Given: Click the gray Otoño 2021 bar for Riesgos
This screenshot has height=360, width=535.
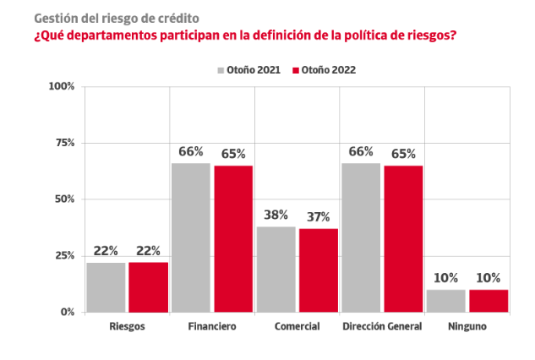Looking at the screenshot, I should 106,287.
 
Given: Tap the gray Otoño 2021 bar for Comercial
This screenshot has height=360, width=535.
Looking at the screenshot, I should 276,269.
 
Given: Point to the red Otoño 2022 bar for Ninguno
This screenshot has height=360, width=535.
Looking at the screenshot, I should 489,301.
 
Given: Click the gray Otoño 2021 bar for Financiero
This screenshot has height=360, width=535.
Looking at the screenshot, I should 191,237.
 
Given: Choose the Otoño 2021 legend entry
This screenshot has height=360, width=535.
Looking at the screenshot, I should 251,70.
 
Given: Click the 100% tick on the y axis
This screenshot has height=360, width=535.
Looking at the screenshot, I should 63,86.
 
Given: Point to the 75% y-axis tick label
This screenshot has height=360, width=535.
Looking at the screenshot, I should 65,143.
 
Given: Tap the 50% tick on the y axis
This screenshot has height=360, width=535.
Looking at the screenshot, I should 65,199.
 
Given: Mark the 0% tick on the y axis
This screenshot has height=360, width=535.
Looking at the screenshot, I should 68,313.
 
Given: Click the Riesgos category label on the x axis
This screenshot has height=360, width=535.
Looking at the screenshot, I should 127,326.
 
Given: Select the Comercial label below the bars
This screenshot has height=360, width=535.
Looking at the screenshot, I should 298,326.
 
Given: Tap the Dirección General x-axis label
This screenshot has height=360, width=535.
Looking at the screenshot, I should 382,326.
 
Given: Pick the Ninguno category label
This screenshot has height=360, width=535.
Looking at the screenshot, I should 467,326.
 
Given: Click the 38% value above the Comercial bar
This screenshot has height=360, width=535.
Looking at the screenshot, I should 276,215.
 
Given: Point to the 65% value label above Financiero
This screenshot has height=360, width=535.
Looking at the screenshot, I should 233,154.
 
